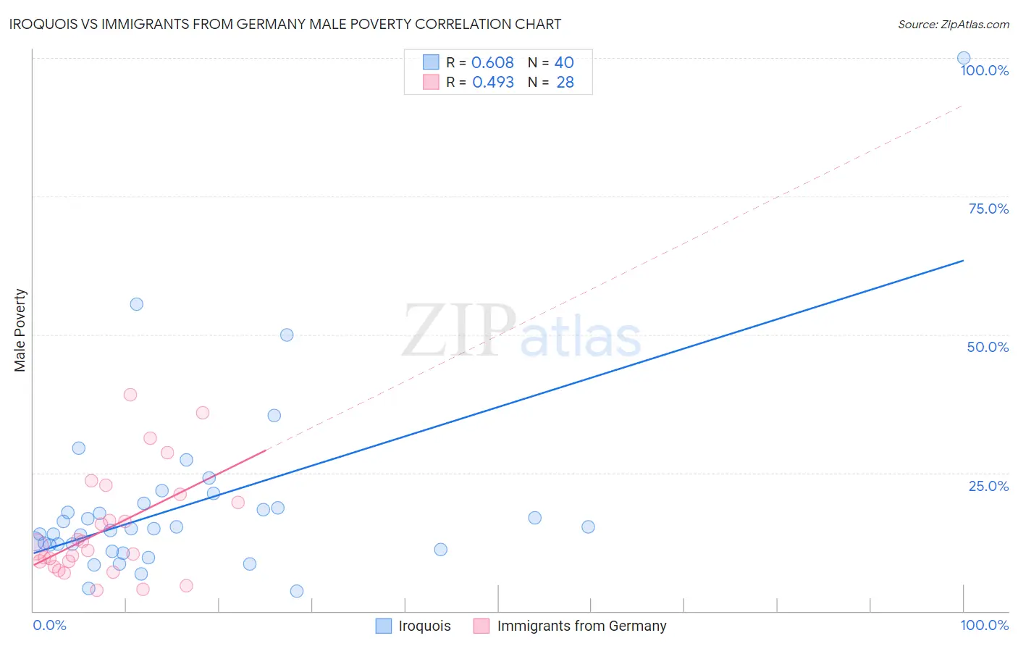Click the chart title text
(285, 24)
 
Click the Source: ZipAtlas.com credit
(953, 24)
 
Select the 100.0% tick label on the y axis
(984, 71)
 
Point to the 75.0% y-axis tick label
(988, 209)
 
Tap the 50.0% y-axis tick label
(988, 347)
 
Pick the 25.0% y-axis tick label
(988, 486)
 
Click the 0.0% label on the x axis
(49, 625)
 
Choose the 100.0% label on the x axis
(984, 625)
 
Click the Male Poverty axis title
(20, 330)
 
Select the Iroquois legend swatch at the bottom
(384, 626)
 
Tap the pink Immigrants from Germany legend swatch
(481, 626)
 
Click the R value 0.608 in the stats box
(492, 63)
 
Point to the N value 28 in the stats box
(565, 83)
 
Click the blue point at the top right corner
(964, 58)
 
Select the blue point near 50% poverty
(287, 335)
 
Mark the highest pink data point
(130, 395)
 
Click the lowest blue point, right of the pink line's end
(297, 591)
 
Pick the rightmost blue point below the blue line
(588, 527)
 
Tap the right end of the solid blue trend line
(963, 260)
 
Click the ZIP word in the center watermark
(459, 330)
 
